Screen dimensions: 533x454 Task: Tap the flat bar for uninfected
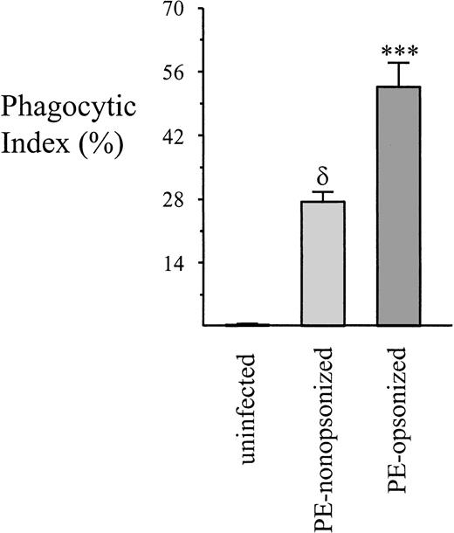[x=247, y=324]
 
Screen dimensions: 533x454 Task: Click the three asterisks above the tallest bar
[x=398, y=44]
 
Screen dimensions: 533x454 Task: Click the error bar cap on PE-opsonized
[x=398, y=63]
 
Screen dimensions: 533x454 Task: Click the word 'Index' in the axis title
[x=32, y=142]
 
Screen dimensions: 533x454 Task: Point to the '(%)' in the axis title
[x=99, y=143]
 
